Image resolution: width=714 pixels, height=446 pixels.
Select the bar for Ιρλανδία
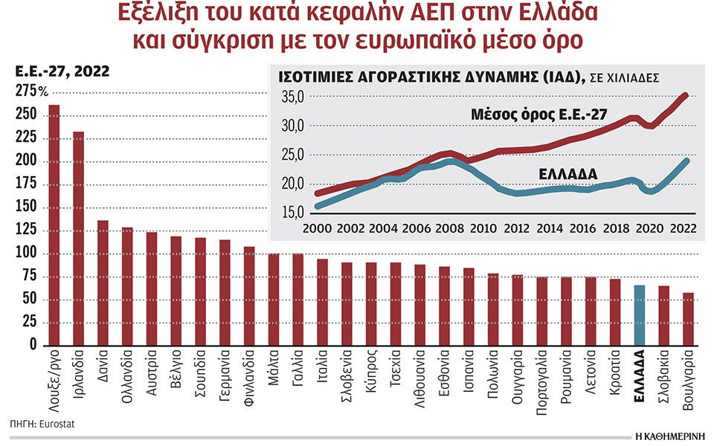coord(78,238)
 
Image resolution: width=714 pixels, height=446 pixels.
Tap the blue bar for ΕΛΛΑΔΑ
coord(639,315)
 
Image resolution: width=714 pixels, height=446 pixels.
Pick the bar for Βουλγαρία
coord(688,319)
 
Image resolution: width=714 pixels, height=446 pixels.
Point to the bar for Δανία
coord(103,282)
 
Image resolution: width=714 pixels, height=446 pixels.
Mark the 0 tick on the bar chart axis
coord(33,346)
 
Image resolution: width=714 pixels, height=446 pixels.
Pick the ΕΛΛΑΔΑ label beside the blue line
coord(568,173)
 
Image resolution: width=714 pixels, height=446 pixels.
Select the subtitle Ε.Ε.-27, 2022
coord(62,71)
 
